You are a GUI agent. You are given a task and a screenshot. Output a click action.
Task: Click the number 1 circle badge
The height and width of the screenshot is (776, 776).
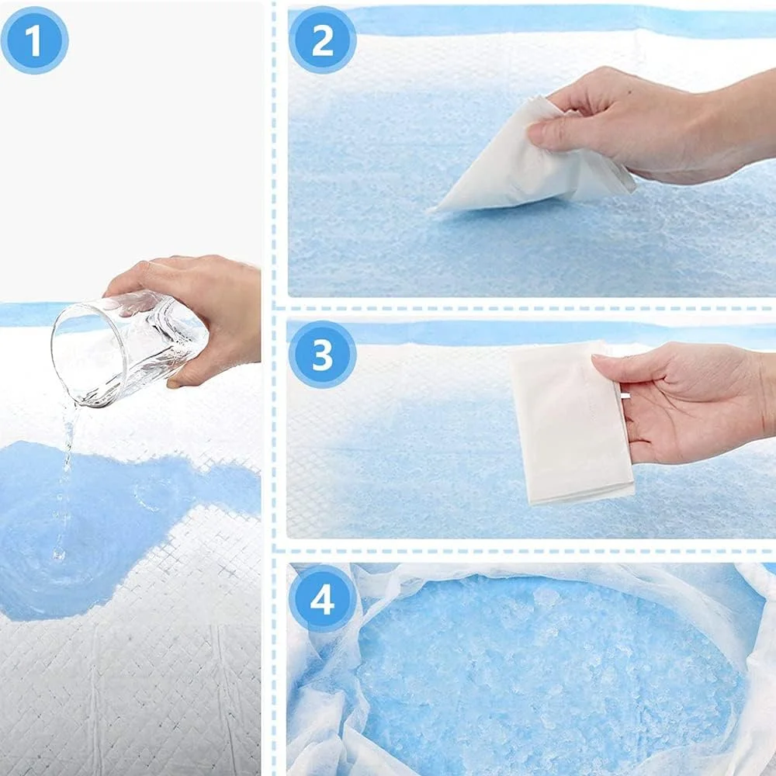pos(34,40)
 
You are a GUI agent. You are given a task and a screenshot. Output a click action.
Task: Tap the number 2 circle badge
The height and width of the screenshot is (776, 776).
pos(323,40)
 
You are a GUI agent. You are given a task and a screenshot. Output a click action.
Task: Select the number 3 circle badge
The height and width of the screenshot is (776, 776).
pos(323,355)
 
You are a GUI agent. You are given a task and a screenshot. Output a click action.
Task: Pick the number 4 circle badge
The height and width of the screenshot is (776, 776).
pos(323,599)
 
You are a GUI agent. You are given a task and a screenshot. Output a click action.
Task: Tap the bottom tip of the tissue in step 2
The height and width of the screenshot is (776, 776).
pos(434,210)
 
